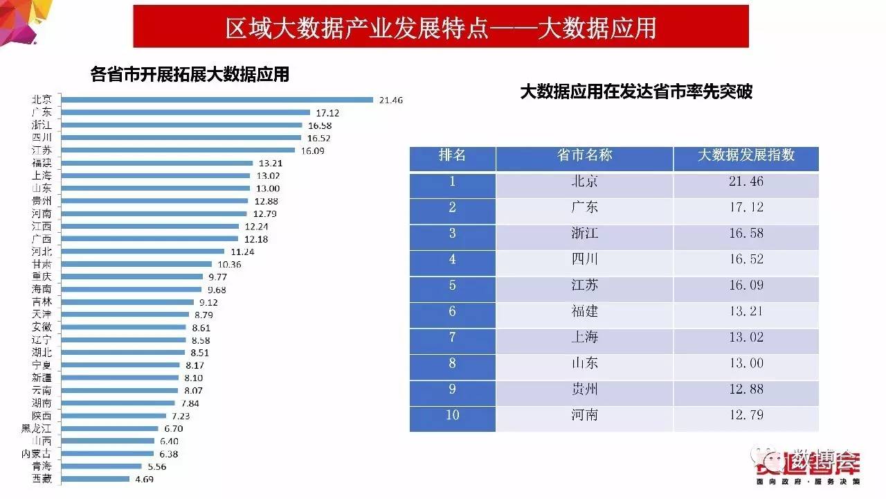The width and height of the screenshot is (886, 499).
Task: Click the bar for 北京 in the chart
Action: [217, 99]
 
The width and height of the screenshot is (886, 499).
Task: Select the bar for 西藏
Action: [96, 478]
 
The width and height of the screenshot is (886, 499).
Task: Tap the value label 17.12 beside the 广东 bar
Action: [327, 112]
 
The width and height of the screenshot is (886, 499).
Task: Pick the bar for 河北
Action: [143, 251]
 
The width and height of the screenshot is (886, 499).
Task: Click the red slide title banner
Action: [441, 27]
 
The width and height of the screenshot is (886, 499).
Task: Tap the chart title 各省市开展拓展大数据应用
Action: [190, 74]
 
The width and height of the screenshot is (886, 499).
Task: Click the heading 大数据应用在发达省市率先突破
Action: [636, 91]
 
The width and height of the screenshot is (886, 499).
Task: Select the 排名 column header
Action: [452, 156]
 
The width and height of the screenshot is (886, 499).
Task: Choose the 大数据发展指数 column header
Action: [745, 156]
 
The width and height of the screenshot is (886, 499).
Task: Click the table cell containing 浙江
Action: [584, 234]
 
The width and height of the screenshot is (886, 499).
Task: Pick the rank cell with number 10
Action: [452, 415]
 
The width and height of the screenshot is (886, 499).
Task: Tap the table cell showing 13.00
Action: [745, 363]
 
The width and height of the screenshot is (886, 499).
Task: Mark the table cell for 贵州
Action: [584, 389]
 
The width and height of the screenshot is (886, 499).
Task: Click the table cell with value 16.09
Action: [745, 286]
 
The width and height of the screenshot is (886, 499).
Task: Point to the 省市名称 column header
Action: [584, 156]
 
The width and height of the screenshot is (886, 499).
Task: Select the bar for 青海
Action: [102, 466]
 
